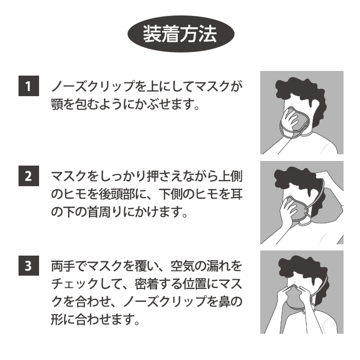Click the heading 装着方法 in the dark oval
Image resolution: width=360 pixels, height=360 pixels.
tap(180, 34)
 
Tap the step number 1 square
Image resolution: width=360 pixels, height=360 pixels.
tap(29, 86)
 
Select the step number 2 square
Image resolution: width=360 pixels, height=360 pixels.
tap(29, 176)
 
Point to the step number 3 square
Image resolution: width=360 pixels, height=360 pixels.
tap(29, 266)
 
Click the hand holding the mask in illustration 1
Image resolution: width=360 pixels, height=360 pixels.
tap(291, 119)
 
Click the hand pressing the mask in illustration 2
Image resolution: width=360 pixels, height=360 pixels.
tap(289, 210)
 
